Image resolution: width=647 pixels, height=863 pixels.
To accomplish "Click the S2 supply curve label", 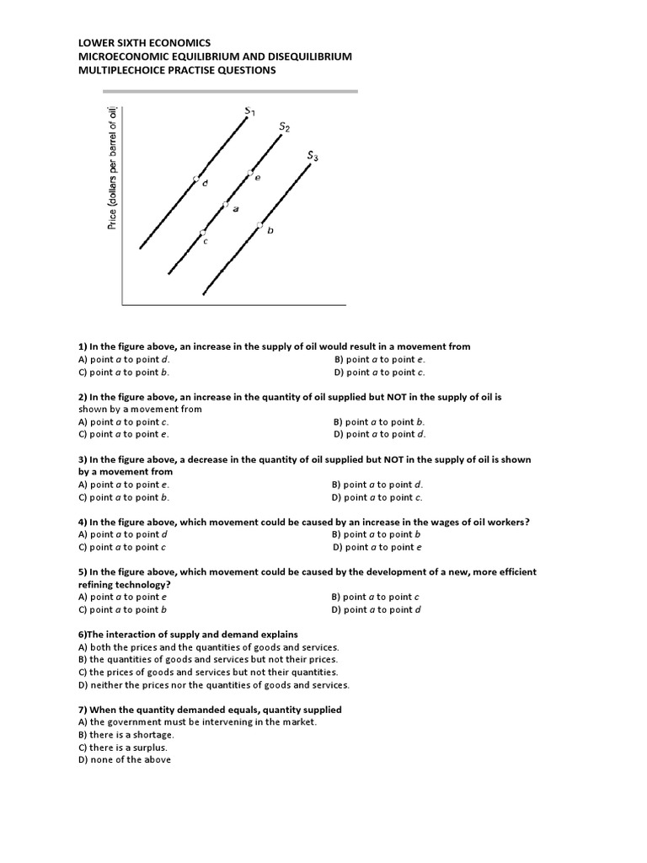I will click(285, 127).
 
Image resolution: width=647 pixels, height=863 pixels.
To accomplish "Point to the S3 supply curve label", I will click(313, 156).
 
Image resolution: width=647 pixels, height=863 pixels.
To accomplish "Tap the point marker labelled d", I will click(196, 179).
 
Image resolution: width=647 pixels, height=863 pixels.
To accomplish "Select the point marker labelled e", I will click(249, 173).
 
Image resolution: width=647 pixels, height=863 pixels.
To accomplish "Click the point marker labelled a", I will click(225, 204).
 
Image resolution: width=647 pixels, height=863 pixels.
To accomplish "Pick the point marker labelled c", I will click(202, 233).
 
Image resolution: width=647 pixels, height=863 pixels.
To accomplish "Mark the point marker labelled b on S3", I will click(260, 224).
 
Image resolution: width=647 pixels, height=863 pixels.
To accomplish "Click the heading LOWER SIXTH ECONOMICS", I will click(144, 42).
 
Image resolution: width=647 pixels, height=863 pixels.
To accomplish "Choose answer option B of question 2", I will click(379, 421).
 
